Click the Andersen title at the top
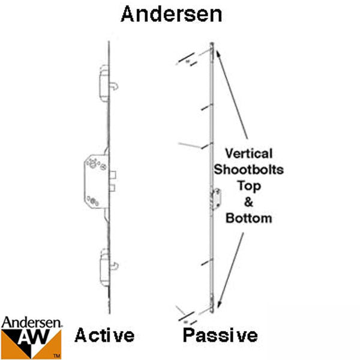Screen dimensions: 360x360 point(171,14)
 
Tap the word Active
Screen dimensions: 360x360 point(104,335)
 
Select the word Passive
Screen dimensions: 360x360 point(220,335)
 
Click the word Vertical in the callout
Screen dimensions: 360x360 point(248,154)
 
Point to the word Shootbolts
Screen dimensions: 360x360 point(248,169)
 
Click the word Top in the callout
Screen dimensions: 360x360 point(249,186)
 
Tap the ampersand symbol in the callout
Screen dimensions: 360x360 point(248,202)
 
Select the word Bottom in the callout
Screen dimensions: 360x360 point(248,218)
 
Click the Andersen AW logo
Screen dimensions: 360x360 point(31,337)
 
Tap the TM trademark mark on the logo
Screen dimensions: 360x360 point(57,356)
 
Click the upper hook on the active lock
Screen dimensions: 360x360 point(115,86)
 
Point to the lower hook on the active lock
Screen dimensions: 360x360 point(115,266)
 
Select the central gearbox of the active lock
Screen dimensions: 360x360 point(97,181)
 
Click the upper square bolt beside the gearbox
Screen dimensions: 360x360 point(113,175)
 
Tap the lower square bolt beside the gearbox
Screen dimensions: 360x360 point(112,188)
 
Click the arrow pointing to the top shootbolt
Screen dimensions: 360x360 point(232,94)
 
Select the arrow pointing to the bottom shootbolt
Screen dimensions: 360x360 point(230,270)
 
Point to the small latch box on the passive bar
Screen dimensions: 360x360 point(217,199)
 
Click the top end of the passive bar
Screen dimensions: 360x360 point(212,43)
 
